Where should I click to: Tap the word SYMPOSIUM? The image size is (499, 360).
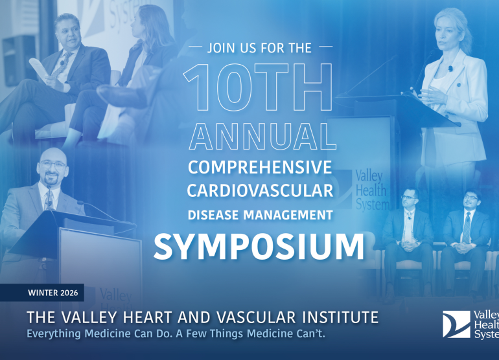pyautogui.click(x=259, y=246)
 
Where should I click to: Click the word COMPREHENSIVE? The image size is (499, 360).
pyautogui.click(x=260, y=167)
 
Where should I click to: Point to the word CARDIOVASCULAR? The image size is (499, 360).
pyautogui.click(x=260, y=191)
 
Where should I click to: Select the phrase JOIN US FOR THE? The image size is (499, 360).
pyautogui.click(x=259, y=48)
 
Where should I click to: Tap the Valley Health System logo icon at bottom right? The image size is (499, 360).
pyautogui.click(x=456, y=324)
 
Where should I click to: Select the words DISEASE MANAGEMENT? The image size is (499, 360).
pyautogui.click(x=260, y=214)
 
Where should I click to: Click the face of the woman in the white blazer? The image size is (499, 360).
pyautogui.click(x=447, y=35)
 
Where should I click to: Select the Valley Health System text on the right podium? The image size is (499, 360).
pyautogui.click(x=372, y=190)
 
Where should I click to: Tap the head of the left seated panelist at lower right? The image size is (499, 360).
pyautogui.click(x=408, y=200)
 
